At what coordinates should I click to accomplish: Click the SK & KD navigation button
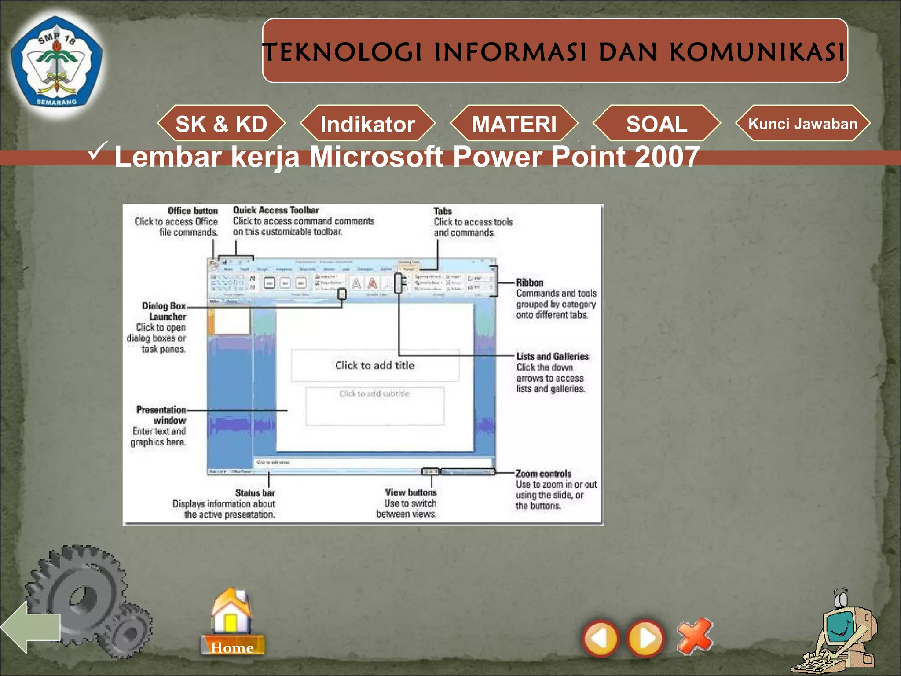pyautogui.click(x=221, y=124)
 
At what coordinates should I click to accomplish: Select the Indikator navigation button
pyautogui.click(x=368, y=124)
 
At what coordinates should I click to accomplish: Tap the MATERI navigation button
pyautogui.click(x=514, y=124)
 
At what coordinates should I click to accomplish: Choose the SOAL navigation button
pyautogui.click(x=657, y=124)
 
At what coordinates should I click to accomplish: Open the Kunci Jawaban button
pyautogui.click(x=803, y=124)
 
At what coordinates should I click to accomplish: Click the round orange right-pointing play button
pyautogui.click(x=646, y=638)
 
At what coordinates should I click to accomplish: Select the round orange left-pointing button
pyautogui.click(x=601, y=638)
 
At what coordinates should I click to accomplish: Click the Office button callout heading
pyautogui.click(x=193, y=211)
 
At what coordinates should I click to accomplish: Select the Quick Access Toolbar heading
pyautogui.click(x=276, y=210)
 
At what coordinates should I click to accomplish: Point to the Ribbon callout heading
pyautogui.click(x=530, y=283)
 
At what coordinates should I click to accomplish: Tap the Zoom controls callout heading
pyautogui.click(x=543, y=474)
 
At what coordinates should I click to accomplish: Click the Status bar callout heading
pyautogui.click(x=255, y=493)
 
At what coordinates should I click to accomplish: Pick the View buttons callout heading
pyautogui.click(x=411, y=492)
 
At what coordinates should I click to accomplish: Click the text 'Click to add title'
pyautogui.click(x=375, y=365)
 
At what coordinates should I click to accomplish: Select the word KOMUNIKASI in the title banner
pyautogui.click(x=757, y=52)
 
